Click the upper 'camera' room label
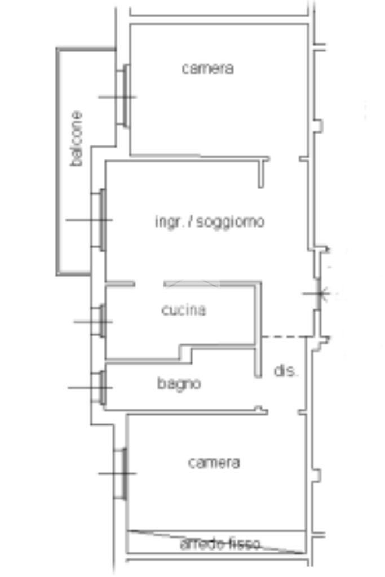[x=207, y=69]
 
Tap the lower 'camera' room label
[x=214, y=463]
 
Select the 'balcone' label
[x=77, y=139]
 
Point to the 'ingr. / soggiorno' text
[x=209, y=221]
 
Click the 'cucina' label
[x=184, y=310]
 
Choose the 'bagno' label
[x=179, y=384]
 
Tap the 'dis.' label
[x=285, y=371]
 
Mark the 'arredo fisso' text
[x=220, y=544]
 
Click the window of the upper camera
[x=124, y=96]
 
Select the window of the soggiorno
[x=100, y=219]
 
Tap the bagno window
[x=100, y=387]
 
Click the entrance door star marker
[x=320, y=294]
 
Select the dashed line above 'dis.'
[x=284, y=336]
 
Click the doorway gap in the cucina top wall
[x=149, y=284]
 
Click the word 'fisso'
[x=244, y=544]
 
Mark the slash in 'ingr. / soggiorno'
[x=191, y=221]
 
